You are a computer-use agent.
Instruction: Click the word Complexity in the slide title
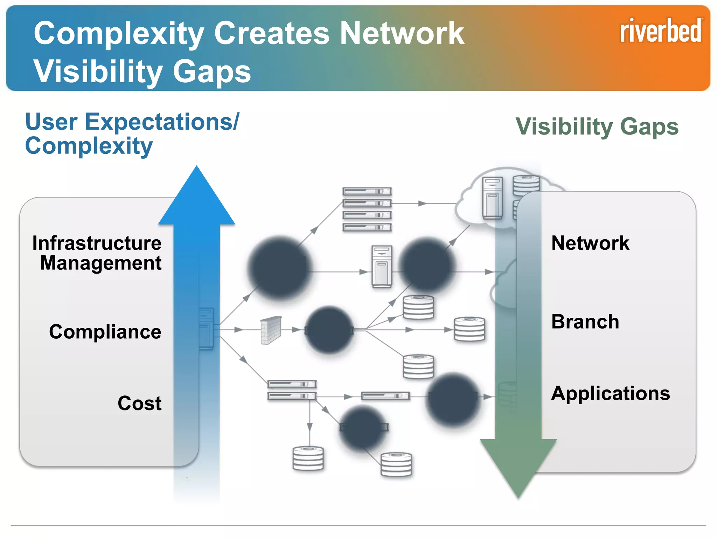coord(119,33)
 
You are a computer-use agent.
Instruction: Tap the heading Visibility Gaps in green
coord(597,126)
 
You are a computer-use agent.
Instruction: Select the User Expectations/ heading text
coord(132,122)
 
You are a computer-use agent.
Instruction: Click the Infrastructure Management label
coord(97,253)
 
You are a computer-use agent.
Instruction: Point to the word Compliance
coord(105,331)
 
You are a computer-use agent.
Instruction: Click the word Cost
coord(139,403)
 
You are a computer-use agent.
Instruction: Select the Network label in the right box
coord(590,243)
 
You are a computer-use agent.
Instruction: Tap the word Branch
coord(585,322)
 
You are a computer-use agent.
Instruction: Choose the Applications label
coord(610,393)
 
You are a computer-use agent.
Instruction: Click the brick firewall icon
coord(271,330)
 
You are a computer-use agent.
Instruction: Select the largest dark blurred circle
coord(279,268)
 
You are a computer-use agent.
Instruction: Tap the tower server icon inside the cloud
coord(493,198)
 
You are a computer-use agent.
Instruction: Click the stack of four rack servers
coord(367,209)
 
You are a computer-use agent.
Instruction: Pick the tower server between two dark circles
coord(382,266)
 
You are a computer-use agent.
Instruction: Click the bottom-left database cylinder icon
coord(308,458)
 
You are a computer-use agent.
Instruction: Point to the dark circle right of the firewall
coord(329,330)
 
